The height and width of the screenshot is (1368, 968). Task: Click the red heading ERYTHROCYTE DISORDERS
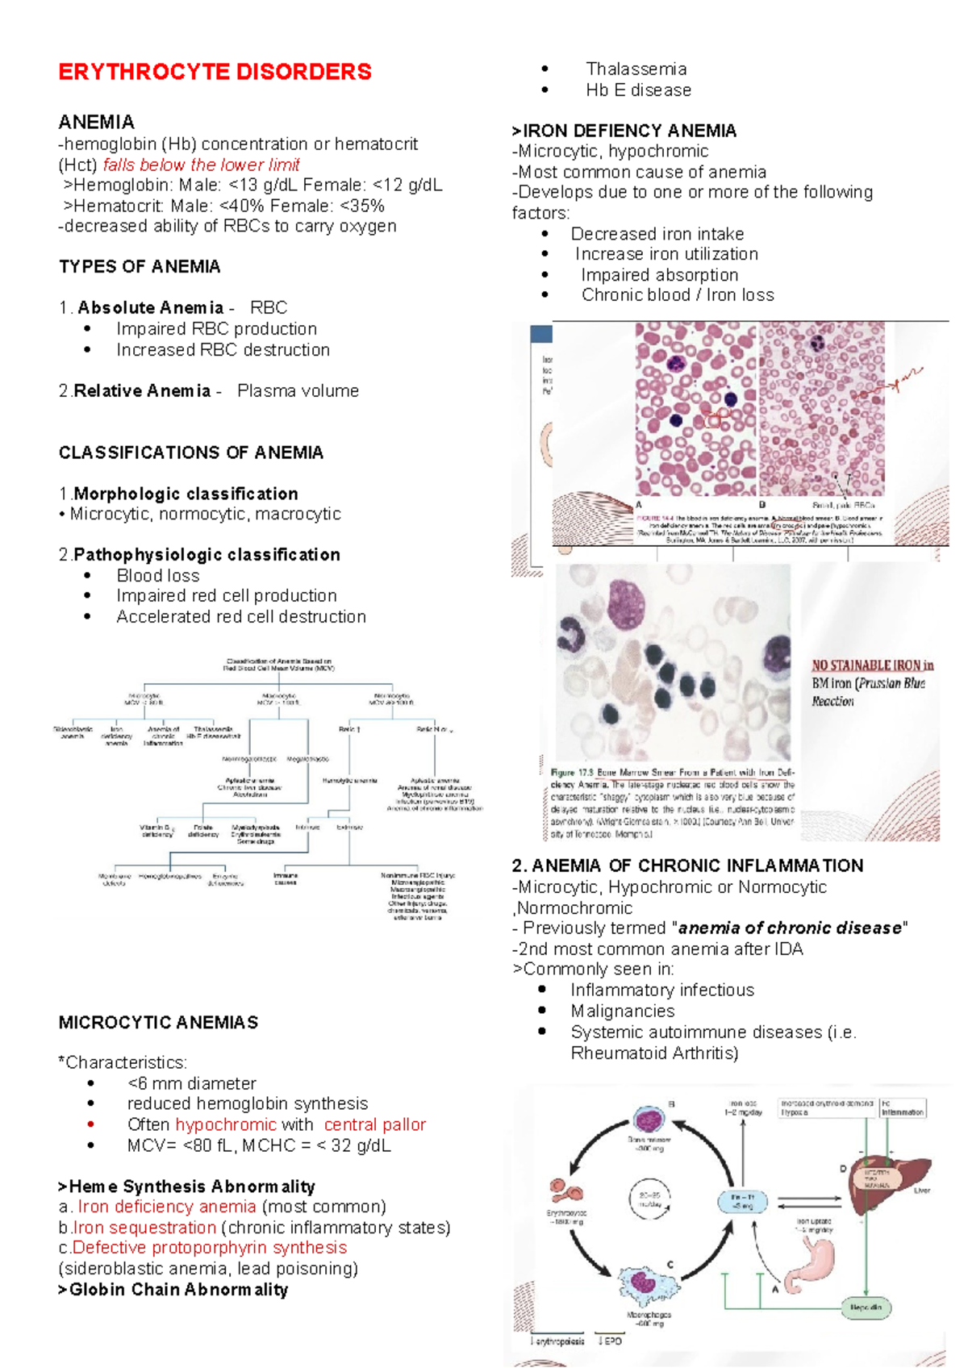(x=215, y=72)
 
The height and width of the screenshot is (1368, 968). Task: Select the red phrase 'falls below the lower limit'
(x=201, y=165)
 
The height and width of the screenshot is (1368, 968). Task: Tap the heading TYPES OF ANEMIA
(x=140, y=267)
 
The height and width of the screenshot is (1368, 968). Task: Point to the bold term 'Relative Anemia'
(x=142, y=391)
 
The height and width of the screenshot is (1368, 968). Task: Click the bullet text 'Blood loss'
(x=158, y=576)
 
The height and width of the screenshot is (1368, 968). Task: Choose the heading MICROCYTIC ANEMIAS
(x=158, y=1023)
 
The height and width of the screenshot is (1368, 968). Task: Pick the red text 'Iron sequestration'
(x=144, y=1228)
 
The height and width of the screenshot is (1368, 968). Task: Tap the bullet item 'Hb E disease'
(x=638, y=90)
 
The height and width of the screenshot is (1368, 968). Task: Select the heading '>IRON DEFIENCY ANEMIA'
(x=624, y=131)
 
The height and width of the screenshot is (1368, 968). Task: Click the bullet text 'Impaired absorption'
(x=659, y=275)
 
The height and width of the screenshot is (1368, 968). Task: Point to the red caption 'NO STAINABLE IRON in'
(x=872, y=665)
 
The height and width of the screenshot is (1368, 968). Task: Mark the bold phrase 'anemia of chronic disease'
(x=790, y=928)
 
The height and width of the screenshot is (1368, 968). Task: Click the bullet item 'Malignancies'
(x=622, y=1011)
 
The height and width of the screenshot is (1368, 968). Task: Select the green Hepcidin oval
(x=866, y=1308)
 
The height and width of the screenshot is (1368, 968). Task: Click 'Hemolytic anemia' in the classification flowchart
(x=349, y=781)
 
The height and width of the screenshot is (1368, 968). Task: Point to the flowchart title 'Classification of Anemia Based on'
(x=278, y=661)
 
